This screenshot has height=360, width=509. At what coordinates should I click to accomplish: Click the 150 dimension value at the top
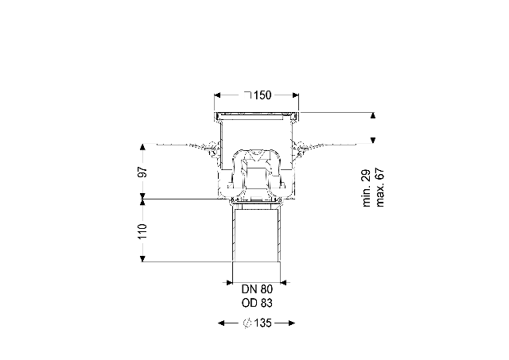[x=262, y=95]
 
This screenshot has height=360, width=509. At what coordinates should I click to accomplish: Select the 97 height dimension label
[x=142, y=172]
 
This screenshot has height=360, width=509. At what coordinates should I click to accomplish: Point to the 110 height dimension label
[x=142, y=231]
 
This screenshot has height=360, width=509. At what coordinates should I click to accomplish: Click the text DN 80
[x=257, y=288]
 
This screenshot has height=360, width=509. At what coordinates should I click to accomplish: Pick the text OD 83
[x=257, y=303]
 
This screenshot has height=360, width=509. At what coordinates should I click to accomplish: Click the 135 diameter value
[x=263, y=323]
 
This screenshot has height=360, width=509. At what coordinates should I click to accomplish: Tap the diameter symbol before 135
[x=247, y=323]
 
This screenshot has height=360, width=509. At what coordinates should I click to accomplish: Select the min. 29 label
[x=367, y=188]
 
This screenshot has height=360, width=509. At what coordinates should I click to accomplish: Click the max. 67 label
[x=379, y=187]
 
